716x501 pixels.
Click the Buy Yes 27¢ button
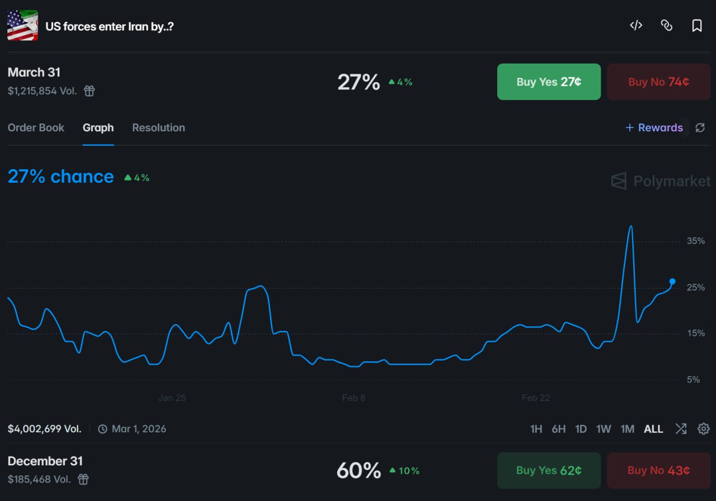click(x=549, y=82)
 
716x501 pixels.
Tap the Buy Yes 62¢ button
click(x=549, y=470)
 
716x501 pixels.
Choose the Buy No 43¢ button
click(x=658, y=470)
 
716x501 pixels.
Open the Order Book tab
click(x=36, y=128)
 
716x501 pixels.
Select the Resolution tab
click(x=158, y=128)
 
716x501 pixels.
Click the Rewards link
click(x=654, y=128)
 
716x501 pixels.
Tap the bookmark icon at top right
click(x=697, y=26)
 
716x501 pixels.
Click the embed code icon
click(x=636, y=26)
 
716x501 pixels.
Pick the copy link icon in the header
click(x=666, y=26)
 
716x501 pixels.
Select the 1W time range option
click(x=604, y=429)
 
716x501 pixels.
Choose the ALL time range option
click(x=653, y=429)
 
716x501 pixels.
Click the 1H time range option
click(x=536, y=429)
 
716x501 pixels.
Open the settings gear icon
click(x=704, y=429)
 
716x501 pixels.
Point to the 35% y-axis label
click(x=696, y=241)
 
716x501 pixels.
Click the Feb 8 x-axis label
click(x=354, y=398)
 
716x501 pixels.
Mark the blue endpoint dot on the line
click(x=672, y=281)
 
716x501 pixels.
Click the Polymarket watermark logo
click(x=661, y=181)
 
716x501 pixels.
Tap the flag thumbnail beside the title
click(x=22, y=26)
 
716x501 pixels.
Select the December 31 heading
click(x=45, y=461)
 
